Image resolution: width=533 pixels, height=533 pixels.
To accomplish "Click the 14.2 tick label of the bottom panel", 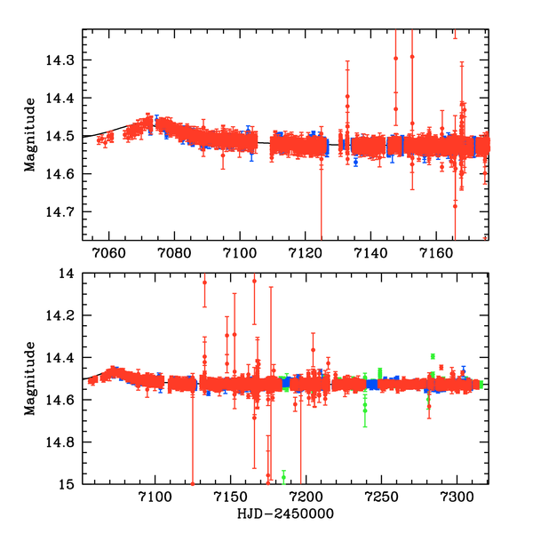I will pyautogui.click(x=64, y=316).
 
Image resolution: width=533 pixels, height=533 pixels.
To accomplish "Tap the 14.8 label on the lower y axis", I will pyautogui.click(x=64, y=442).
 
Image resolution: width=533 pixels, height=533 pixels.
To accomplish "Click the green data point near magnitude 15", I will pyautogui.click(x=284, y=478).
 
